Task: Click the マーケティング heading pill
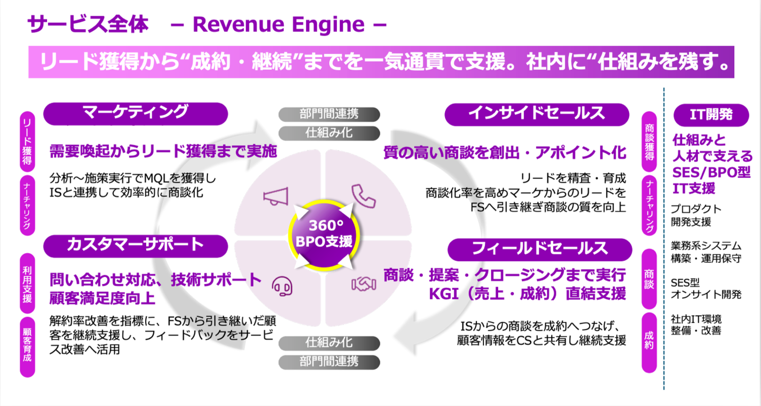coord(136,114)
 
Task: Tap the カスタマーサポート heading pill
coord(136,246)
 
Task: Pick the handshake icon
coord(364,285)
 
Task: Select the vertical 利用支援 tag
coord(27,283)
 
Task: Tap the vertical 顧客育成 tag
coord(27,346)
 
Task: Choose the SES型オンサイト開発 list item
coord(705,288)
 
